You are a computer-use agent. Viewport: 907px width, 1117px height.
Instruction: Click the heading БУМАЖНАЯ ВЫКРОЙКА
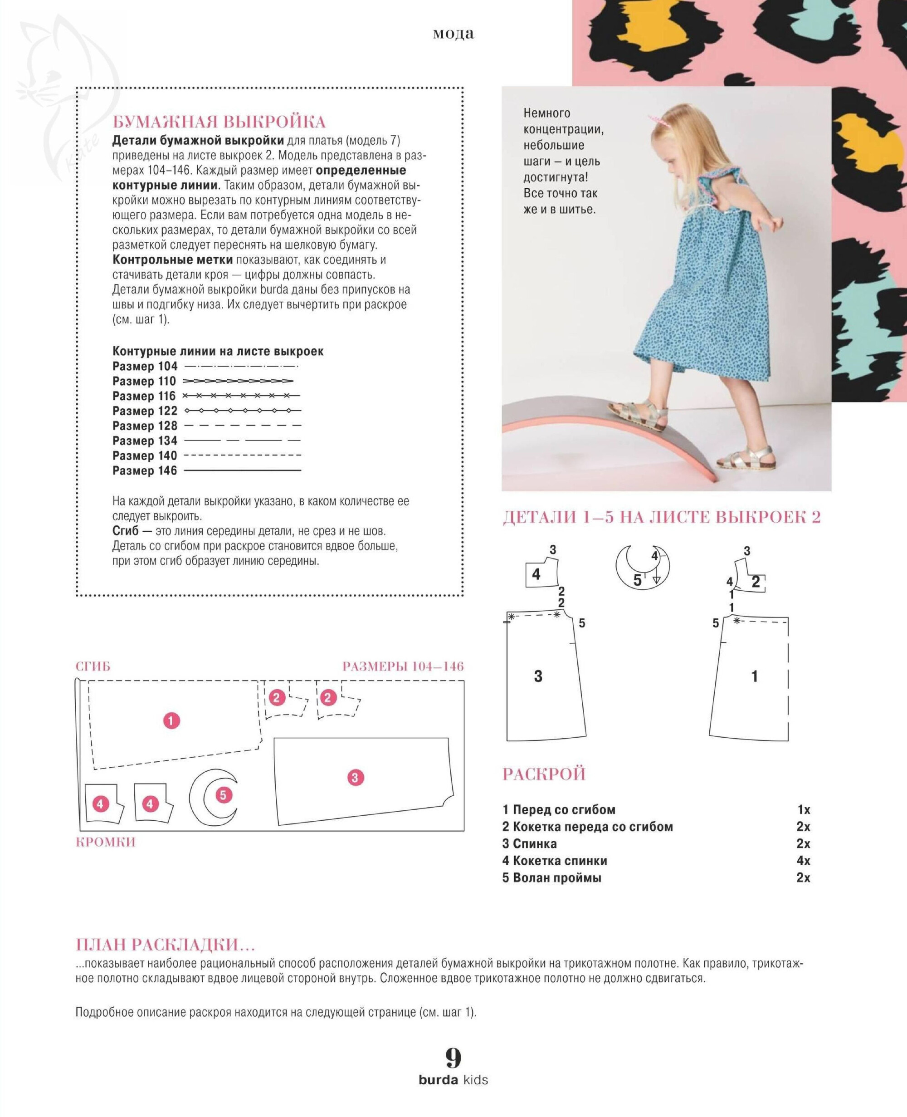click(x=219, y=122)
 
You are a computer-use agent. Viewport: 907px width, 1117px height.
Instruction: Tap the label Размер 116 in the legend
click(x=144, y=396)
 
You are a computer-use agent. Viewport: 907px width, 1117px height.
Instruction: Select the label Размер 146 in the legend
click(x=145, y=470)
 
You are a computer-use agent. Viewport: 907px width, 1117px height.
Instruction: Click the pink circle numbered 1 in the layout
click(x=171, y=721)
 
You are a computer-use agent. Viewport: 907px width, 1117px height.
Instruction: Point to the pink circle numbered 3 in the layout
click(x=355, y=777)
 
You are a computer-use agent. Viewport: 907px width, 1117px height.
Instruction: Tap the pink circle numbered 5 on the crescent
click(x=223, y=795)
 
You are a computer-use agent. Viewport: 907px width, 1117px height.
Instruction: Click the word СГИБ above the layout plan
click(x=93, y=666)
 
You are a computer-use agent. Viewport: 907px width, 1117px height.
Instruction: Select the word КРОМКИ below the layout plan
click(x=106, y=842)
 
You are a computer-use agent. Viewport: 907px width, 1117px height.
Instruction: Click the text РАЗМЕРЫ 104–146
click(x=403, y=666)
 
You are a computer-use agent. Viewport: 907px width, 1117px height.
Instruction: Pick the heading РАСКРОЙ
click(x=544, y=774)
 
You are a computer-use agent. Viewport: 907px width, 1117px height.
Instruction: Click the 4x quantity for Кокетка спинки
click(x=803, y=860)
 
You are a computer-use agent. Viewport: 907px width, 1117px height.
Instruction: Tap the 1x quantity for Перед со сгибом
click(x=804, y=810)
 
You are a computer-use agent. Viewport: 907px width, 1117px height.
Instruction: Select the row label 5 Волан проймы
click(x=552, y=877)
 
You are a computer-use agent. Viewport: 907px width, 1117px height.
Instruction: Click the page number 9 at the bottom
click(x=453, y=1058)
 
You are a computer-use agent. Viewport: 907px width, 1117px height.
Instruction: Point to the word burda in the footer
click(x=438, y=1080)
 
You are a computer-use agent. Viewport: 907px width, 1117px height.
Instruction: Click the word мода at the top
click(x=453, y=34)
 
